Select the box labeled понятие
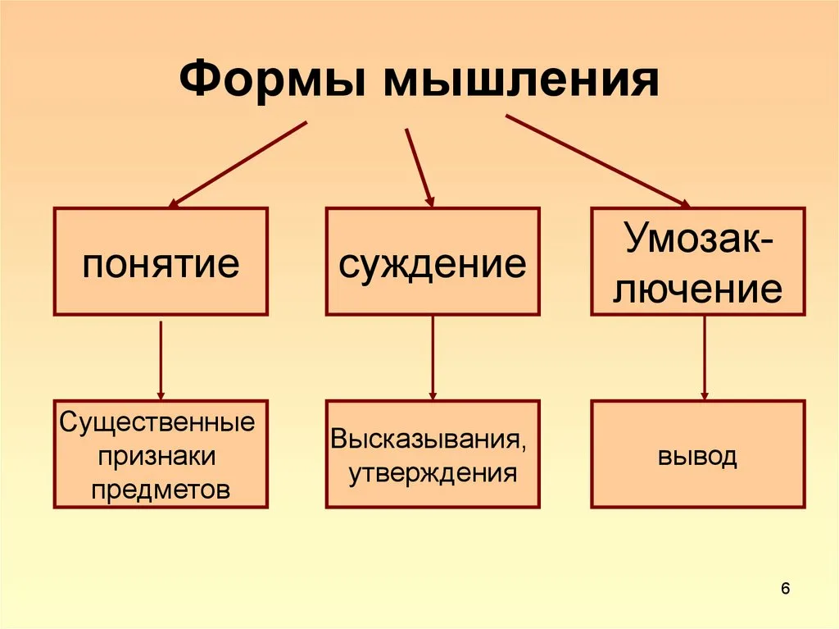tap(161, 262)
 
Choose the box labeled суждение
tap(433, 262)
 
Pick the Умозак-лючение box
tap(698, 262)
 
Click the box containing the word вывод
tap(698, 454)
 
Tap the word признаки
tap(161, 457)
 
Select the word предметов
tap(161, 490)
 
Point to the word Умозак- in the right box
tap(698, 240)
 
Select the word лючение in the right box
tap(698, 288)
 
